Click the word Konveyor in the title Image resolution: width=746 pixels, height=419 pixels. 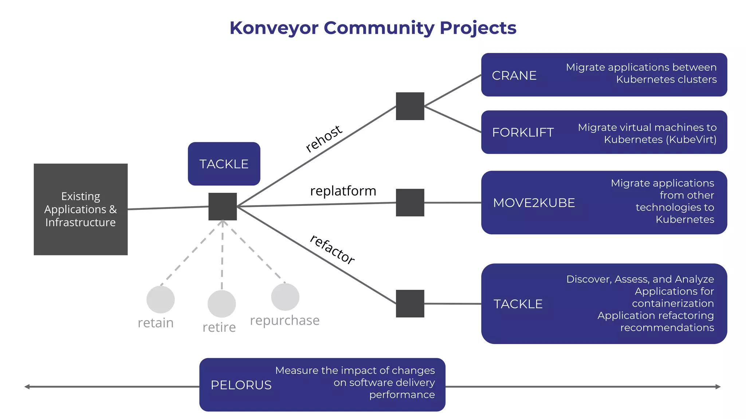point(274,28)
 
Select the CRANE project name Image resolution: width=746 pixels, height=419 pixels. point(514,76)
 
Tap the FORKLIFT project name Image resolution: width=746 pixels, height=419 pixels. point(523,132)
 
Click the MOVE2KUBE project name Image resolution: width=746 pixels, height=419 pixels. point(534,203)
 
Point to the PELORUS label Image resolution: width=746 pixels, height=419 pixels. point(241,385)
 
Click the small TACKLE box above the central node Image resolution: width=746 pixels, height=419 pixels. point(224,164)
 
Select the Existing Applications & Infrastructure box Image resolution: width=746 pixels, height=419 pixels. point(81,209)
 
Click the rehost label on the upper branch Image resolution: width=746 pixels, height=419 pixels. point(323,139)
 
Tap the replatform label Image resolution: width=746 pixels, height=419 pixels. point(343,191)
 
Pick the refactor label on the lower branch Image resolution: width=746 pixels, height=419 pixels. point(332,250)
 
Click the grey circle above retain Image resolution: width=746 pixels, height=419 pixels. point(161,299)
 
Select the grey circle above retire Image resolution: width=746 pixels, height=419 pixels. point(221,304)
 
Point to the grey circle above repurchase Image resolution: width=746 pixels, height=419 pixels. point(285,297)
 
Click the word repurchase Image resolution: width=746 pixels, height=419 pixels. point(284,320)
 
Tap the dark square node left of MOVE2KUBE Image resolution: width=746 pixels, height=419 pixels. point(410,203)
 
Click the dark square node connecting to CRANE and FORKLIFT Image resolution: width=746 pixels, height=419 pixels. point(410,106)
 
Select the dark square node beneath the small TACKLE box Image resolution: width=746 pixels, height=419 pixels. point(223,207)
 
